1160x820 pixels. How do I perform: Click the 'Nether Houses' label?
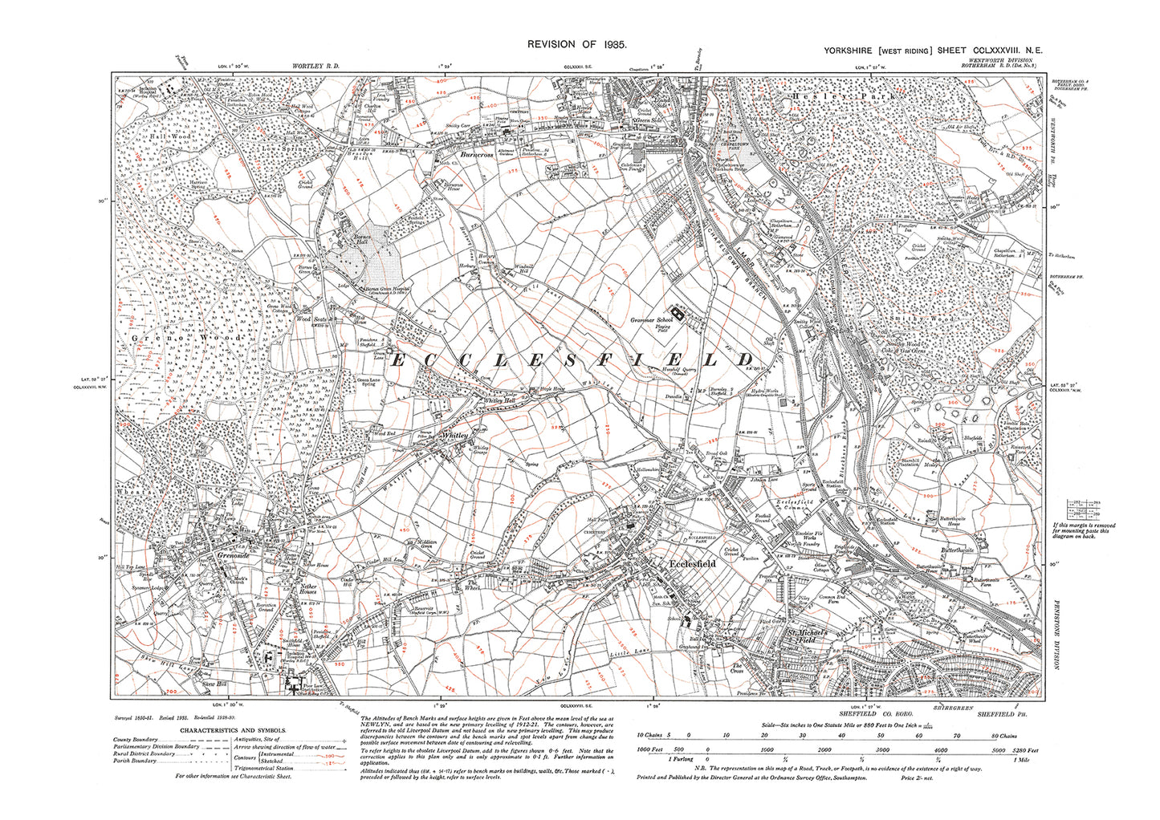(x=308, y=591)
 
